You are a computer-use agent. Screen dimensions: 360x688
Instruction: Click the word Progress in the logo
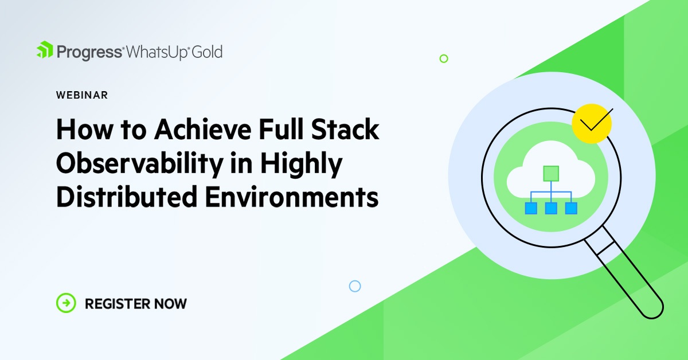[89, 52]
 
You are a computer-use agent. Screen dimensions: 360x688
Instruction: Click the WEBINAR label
[82, 95]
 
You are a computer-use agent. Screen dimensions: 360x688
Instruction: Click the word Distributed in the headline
[123, 198]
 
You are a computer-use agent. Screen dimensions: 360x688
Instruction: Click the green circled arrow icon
[66, 303]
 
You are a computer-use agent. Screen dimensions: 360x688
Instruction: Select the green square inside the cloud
[551, 173]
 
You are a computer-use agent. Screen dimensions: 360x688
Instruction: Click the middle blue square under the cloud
[551, 208]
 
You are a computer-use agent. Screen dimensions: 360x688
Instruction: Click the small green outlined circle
[443, 58]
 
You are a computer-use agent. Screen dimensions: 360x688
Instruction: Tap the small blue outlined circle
[355, 285]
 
